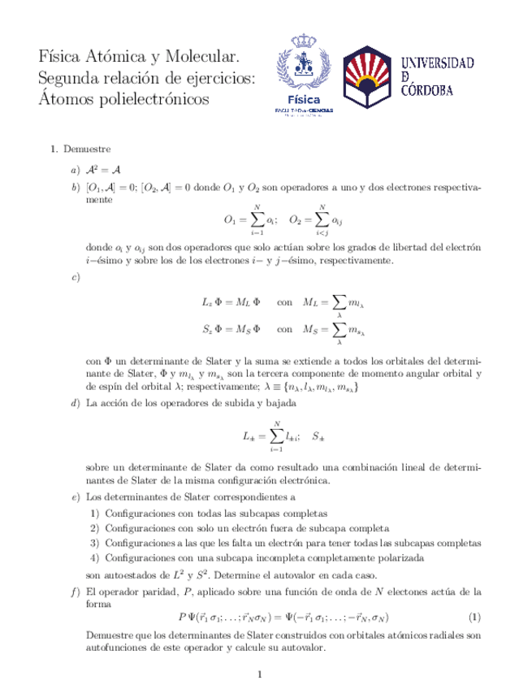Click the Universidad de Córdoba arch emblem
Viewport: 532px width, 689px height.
click(x=367, y=78)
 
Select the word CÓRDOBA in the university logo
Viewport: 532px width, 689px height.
click(x=439, y=90)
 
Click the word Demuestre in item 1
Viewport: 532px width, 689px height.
click(x=87, y=149)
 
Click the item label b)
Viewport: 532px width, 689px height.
click(x=75, y=187)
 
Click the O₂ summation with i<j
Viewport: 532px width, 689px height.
click(x=316, y=219)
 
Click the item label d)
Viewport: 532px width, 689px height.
click(x=75, y=403)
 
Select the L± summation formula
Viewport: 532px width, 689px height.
click(x=270, y=435)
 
